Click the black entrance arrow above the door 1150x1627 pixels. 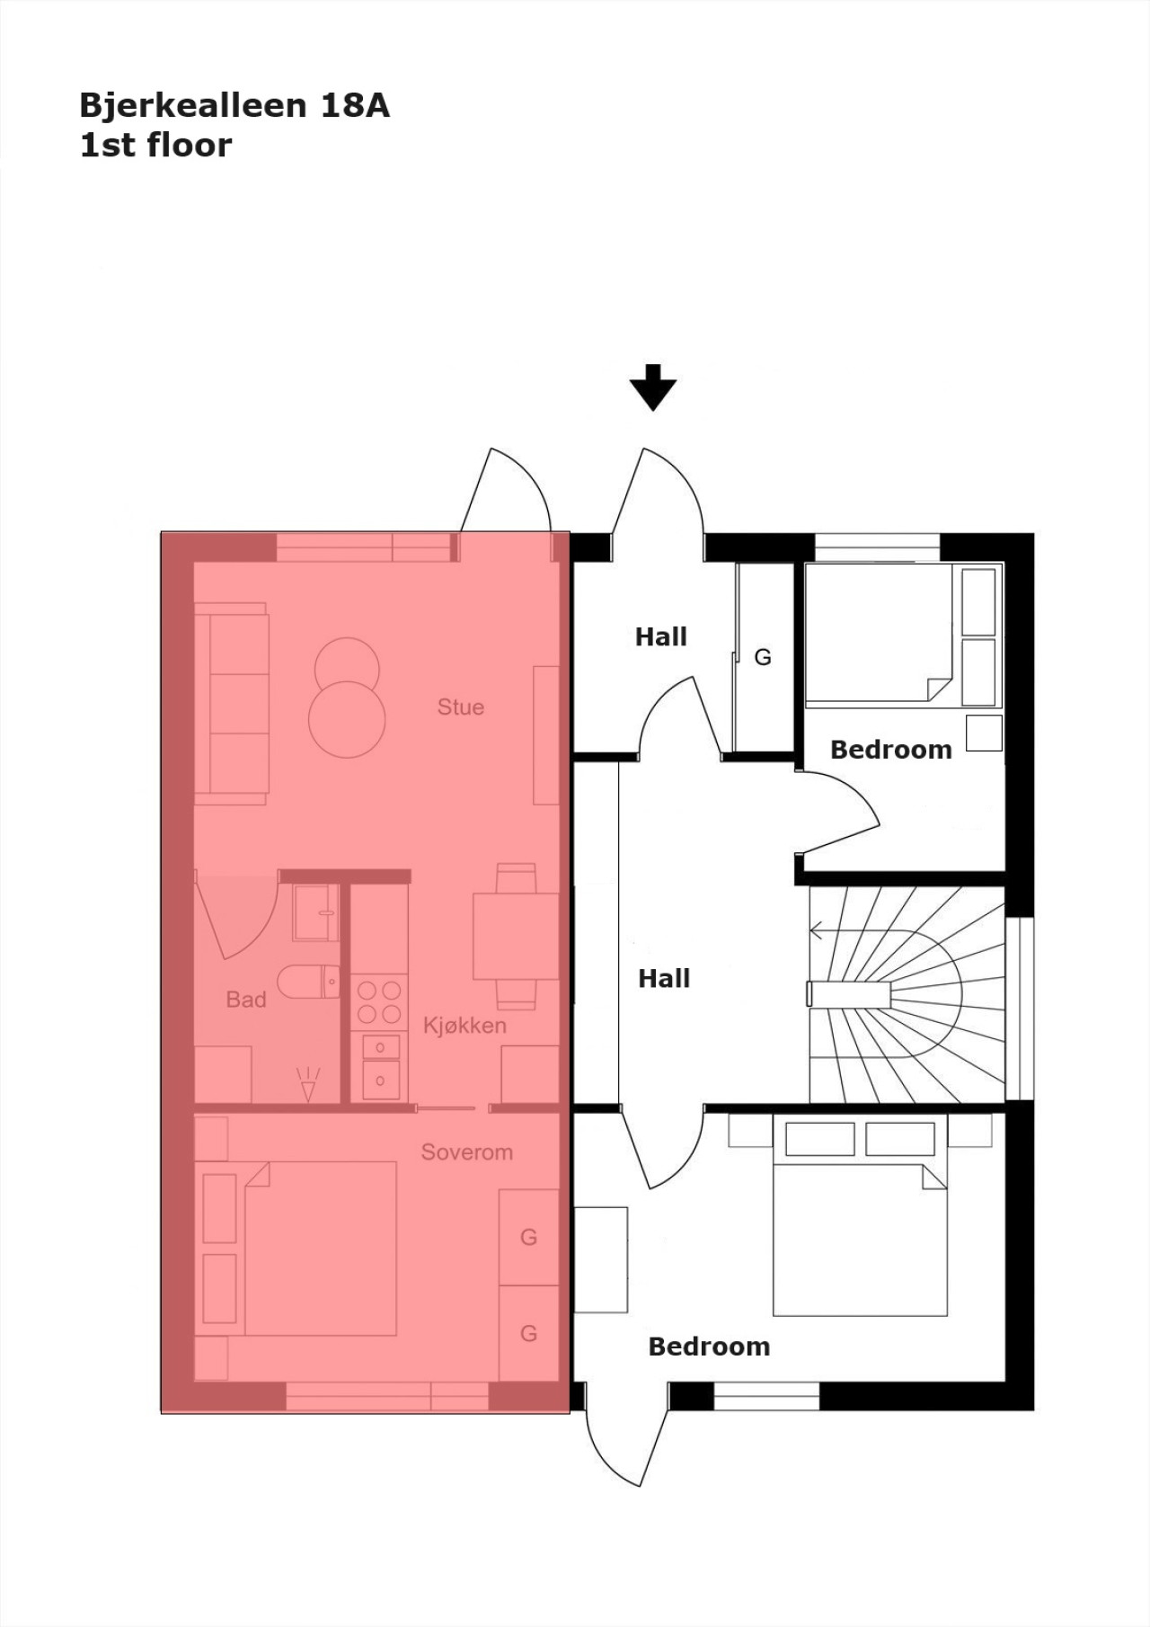coord(652,387)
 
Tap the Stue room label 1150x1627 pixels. coord(461,707)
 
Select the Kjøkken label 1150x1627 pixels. coord(464,1026)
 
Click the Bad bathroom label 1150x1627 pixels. coord(246,1000)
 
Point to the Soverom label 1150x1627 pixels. coord(467,1152)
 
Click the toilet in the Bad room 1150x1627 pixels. coord(308,982)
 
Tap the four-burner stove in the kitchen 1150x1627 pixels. coord(379,1002)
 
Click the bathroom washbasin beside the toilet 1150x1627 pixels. coord(315,912)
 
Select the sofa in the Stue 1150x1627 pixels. coord(232,704)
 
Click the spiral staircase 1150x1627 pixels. coord(907,994)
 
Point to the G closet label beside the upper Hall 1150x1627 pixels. coord(763,657)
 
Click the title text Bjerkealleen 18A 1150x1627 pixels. coord(234,106)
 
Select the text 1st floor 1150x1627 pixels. coord(155,146)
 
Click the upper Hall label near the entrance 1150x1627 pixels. coord(661,637)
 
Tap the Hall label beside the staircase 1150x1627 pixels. coord(664,979)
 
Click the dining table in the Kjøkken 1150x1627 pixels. coord(517,936)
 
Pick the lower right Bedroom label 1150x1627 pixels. coord(709,1347)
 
